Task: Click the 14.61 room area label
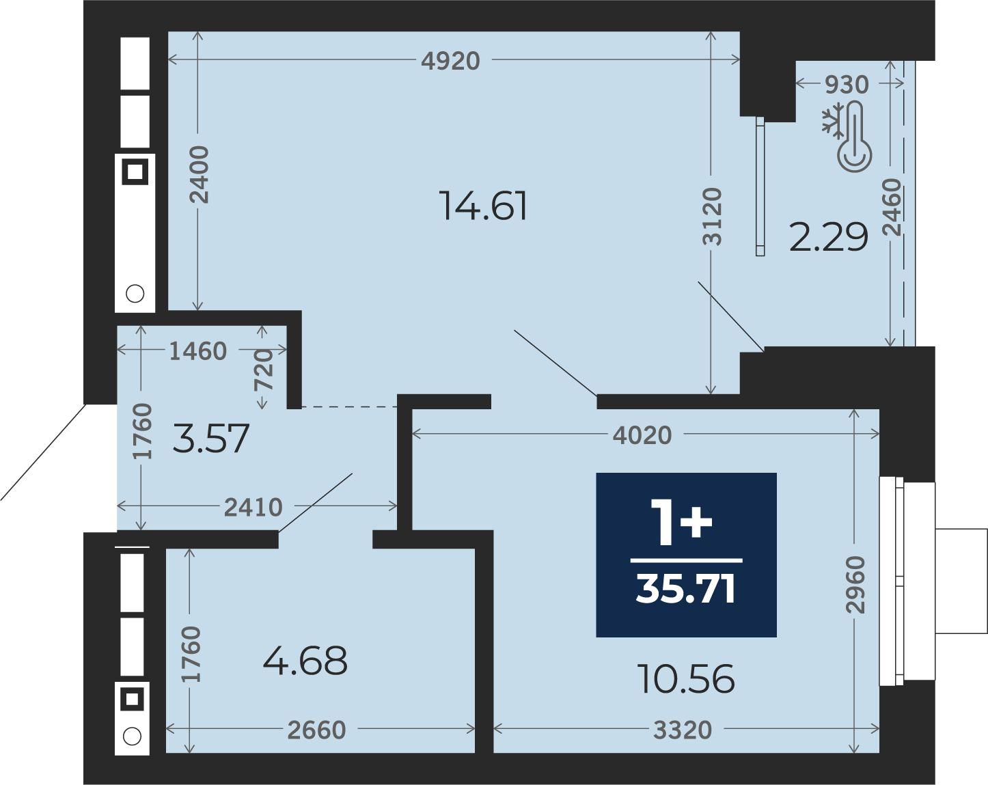click(x=484, y=206)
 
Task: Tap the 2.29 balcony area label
click(x=829, y=237)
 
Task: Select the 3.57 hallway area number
click(x=211, y=439)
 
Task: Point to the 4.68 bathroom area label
click(x=305, y=661)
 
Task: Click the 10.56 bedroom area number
click(x=687, y=680)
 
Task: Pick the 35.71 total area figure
click(x=686, y=590)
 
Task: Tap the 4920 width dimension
click(x=450, y=61)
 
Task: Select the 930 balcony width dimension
click(x=847, y=85)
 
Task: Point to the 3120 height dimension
click(x=713, y=216)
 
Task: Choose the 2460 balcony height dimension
click(x=892, y=207)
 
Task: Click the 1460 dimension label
click(x=198, y=352)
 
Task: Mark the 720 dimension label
click(x=264, y=370)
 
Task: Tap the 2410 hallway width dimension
click(x=253, y=508)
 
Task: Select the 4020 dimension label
click(x=642, y=435)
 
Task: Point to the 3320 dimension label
click(x=683, y=730)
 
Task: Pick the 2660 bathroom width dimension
click(x=316, y=730)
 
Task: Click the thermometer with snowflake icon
click(x=847, y=137)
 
